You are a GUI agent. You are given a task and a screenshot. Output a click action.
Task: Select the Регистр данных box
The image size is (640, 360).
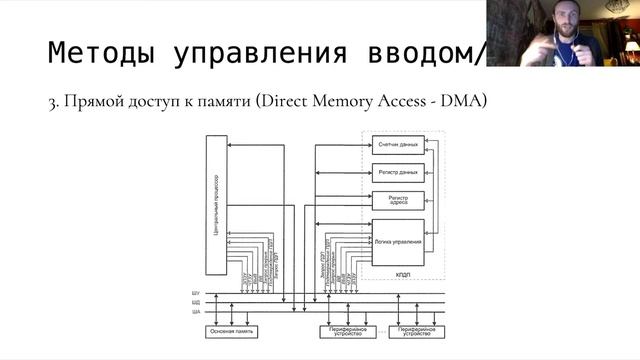click(x=397, y=173)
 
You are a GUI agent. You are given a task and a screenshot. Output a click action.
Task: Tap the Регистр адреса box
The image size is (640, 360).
click(x=397, y=200)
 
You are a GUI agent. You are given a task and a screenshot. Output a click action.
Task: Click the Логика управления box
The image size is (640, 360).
click(x=397, y=241)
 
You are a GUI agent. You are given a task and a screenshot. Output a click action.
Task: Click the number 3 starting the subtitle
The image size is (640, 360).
click(x=51, y=101)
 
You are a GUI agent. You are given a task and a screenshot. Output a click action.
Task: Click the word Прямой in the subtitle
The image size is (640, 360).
click(x=91, y=101)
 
